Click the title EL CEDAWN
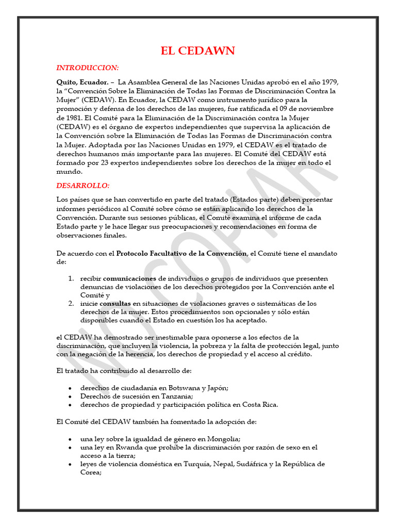coord(198,51)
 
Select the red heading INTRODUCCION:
coord(87,68)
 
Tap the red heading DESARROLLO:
coord(82,186)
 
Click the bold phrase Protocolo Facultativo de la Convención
coord(182,253)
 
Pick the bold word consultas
coord(115,304)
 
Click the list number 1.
coord(71,278)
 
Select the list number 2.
coord(71,304)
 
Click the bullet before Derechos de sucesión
coord(70,397)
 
